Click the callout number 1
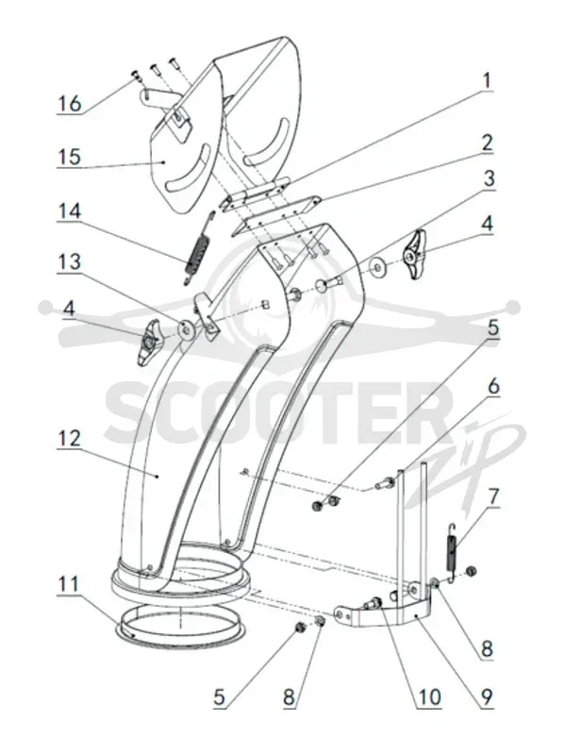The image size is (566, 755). (487, 81)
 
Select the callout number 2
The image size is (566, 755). (487, 143)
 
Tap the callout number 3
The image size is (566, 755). (489, 178)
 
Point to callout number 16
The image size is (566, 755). (70, 104)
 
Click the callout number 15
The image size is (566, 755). (69, 157)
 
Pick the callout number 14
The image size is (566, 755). (70, 211)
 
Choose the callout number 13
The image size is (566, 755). (69, 262)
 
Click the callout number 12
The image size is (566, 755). (70, 439)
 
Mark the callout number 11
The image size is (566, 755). (68, 584)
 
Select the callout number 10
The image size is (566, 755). (429, 696)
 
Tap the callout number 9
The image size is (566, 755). (487, 696)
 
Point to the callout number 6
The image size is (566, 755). (493, 387)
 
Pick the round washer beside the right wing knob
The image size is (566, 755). (377, 266)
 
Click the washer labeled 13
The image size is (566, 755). (186, 329)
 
